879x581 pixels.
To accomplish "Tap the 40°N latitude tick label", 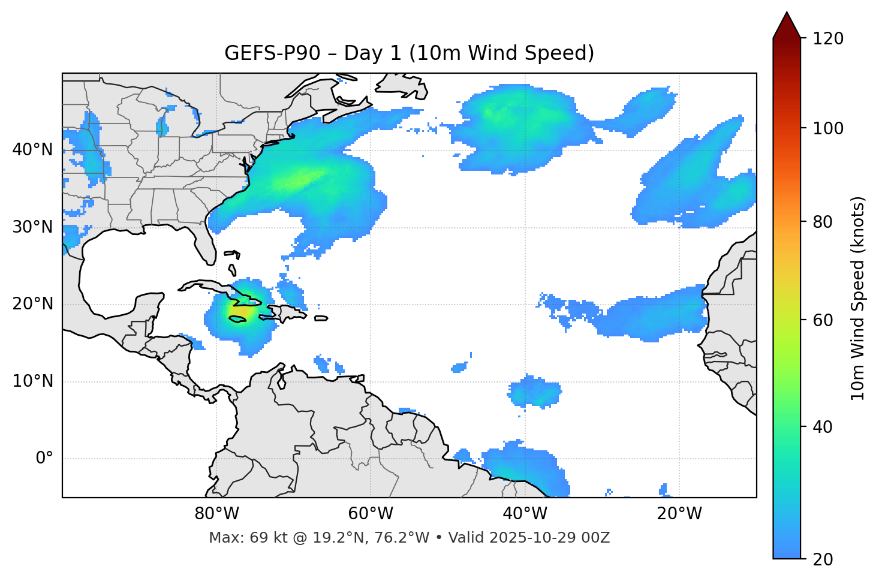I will (x=32, y=150).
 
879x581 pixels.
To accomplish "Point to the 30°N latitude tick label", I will (x=32, y=227).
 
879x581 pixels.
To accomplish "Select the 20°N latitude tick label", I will (x=32, y=304).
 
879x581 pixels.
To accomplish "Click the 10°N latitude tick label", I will (x=32, y=381).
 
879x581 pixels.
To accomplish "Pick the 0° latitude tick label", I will (x=44, y=459).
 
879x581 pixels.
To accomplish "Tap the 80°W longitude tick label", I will (x=216, y=514).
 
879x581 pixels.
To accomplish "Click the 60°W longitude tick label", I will (x=371, y=514).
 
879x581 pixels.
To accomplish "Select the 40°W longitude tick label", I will (x=525, y=514).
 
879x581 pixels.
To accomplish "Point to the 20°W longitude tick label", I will (x=679, y=514).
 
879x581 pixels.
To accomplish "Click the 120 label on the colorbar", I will (x=828, y=39).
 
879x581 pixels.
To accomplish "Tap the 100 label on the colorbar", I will (x=828, y=128).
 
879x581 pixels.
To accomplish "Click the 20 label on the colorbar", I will (x=823, y=559).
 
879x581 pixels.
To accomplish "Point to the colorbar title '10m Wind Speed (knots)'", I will (x=858, y=299).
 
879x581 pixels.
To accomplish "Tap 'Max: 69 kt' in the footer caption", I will (x=236, y=538).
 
